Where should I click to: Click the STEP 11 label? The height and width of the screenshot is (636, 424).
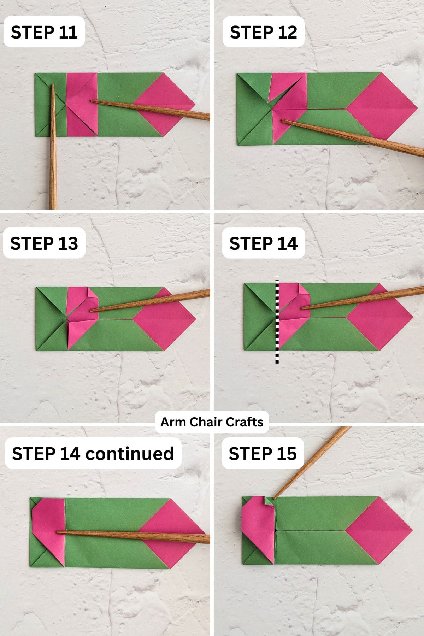click(44, 32)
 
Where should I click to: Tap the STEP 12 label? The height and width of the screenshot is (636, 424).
click(263, 32)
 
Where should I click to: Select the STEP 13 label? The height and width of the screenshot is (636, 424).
click(44, 243)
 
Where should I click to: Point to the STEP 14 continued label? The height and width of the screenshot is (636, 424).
click(93, 454)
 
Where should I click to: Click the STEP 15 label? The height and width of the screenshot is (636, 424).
click(262, 454)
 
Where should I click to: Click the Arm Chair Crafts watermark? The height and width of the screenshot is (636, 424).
click(212, 422)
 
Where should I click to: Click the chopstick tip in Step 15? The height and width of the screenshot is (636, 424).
click(274, 498)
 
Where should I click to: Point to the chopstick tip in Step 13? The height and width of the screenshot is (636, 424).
click(91, 311)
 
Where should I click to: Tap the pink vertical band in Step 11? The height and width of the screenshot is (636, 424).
click(81, 105)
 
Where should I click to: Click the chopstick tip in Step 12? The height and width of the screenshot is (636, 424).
click(283, 122)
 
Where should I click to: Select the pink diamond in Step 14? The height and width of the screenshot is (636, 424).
click(380, 317)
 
